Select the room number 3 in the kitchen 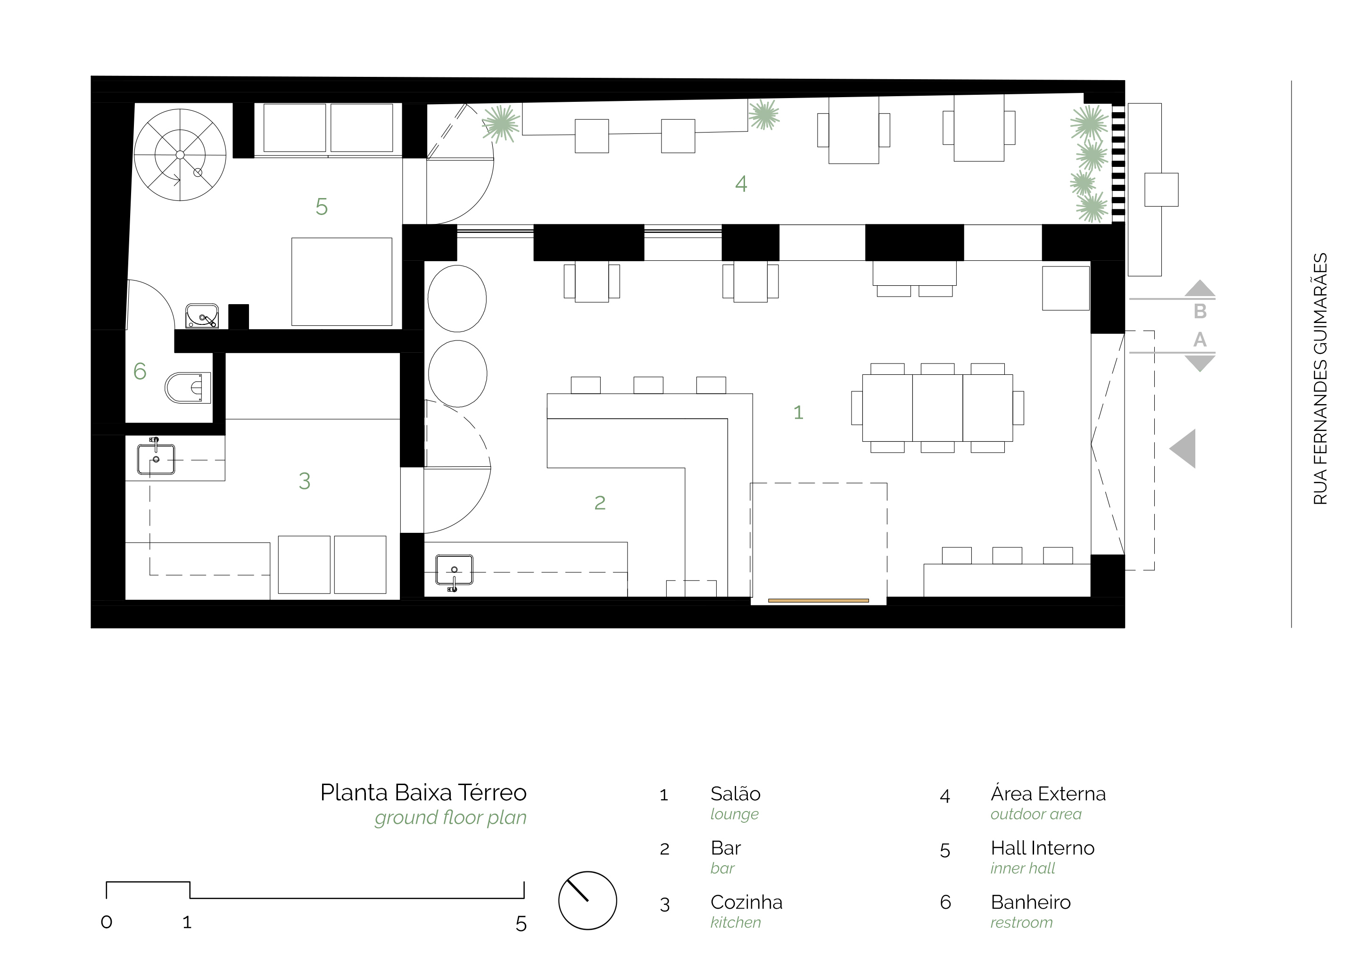(305, 481)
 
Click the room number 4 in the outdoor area (741, 184)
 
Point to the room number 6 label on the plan (140, 371)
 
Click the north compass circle (588, 900)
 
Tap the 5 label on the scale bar (521, 924)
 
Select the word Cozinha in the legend (746, 902)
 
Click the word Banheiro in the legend (1030, 902)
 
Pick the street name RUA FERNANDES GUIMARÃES (1320, 379)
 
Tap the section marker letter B (1200, 311)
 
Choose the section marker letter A (1200, 339)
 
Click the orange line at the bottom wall (819, 600)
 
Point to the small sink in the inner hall (202, 316)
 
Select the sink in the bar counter (454, 572)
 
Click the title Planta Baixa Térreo (423, 793)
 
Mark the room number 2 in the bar (600, 503)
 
